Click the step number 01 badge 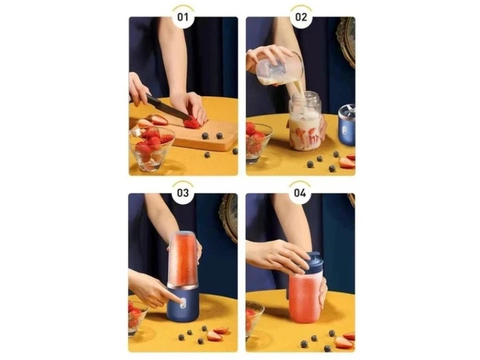click(183, 17)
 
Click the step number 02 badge click(301, 17)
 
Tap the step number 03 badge click(183, 193)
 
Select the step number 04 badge click(300, 193)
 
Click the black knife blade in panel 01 click(169, 108)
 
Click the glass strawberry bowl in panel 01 click(151, 149)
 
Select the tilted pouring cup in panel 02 click(279, 68)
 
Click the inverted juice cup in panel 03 click(183, 259)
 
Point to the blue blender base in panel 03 click(183, 304)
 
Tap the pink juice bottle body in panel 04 click(305, 296)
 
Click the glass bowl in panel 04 click(253, 319)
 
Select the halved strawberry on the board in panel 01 click(192, 123)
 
